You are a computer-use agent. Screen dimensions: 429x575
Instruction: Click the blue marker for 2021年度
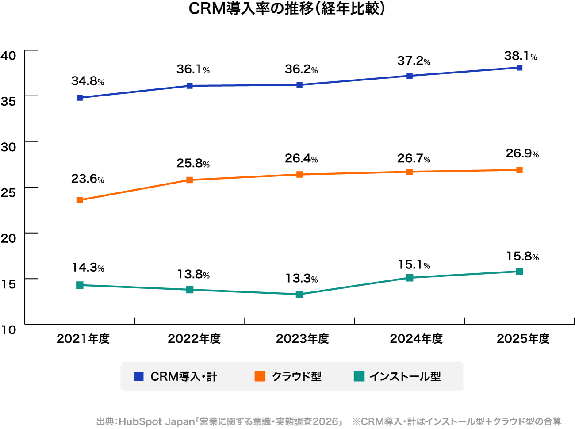(80, 98)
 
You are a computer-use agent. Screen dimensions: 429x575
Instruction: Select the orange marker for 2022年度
(190, 180)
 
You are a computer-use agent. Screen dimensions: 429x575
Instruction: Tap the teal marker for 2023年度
(299, 294)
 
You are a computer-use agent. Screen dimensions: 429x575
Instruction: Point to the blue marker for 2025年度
(519, 68)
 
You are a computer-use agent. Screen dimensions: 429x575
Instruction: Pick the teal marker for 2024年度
(410, 278)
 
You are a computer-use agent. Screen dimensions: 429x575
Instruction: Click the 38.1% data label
(521, 56)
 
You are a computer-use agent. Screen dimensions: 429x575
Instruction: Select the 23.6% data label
(88, 179)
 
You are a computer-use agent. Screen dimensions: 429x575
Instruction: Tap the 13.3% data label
(301, 279)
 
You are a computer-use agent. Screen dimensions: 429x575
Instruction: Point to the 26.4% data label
(301, 158)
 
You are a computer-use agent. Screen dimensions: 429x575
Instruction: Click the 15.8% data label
(522, 257)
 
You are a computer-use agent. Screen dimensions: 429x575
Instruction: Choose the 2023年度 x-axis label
(303, 339)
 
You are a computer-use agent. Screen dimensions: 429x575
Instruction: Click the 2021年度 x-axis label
(83, 339)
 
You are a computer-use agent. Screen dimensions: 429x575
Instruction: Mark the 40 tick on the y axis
(8, 55)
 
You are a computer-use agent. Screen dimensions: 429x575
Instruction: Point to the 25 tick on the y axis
(8, 192)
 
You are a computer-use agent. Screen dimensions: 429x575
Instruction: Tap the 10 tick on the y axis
(8, 329)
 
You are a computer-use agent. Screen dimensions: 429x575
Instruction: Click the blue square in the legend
(139, 376)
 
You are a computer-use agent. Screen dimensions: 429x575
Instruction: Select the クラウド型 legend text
(296, 376)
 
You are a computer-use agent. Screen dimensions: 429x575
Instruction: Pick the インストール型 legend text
(405, 376)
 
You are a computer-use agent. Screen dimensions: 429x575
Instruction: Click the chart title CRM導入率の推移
(287, 9)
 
